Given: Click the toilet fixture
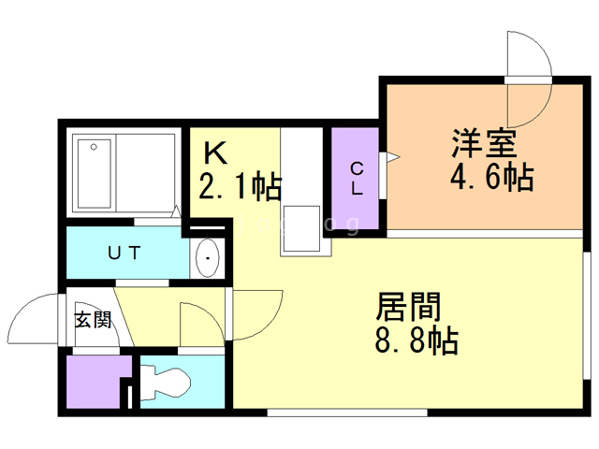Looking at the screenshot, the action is [165, 383].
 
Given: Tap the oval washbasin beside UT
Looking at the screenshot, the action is [208, 258].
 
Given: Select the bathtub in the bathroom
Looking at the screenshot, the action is [94, 174].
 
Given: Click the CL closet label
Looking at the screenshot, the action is [357, 179].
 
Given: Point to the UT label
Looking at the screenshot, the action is [124, 253].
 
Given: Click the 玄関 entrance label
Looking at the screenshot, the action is [93, 320].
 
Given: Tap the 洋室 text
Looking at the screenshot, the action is [484, 143].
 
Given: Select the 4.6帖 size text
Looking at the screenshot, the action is [492, 177].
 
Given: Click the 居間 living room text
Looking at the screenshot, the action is [408, 307].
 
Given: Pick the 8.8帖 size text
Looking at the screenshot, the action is [416, 340].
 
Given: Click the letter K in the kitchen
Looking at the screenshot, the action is [215, 152].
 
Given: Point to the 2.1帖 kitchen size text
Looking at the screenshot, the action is [241, 186].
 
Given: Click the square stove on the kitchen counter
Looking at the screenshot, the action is [301, 228].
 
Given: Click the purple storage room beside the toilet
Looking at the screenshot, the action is [94, 382].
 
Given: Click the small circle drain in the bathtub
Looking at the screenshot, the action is [94, 147].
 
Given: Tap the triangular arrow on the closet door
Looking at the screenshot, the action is [393, 156].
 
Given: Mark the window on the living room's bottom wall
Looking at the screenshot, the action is [347, 413].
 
